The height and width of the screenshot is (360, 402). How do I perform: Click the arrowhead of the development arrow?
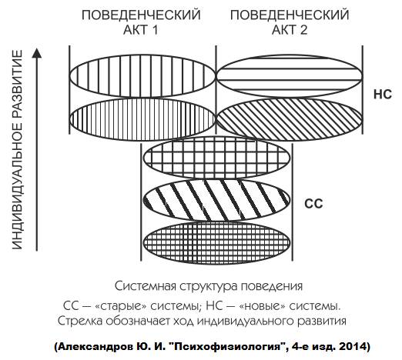37,53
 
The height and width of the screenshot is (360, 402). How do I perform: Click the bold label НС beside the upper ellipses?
383,95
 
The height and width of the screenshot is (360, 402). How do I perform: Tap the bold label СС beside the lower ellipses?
313,204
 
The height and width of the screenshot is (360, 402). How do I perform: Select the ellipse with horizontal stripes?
290,76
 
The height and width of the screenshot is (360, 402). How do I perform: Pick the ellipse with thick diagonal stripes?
216,200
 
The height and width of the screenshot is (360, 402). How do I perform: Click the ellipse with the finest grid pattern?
216,242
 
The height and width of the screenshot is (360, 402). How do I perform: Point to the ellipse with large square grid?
216,157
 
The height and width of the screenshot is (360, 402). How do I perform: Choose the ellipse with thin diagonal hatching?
290,119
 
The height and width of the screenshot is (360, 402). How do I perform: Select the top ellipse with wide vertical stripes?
142,76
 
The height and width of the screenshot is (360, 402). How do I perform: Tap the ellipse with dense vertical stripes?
142,119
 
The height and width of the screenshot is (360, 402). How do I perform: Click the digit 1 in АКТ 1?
154,30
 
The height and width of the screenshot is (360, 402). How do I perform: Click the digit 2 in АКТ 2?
303,30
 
